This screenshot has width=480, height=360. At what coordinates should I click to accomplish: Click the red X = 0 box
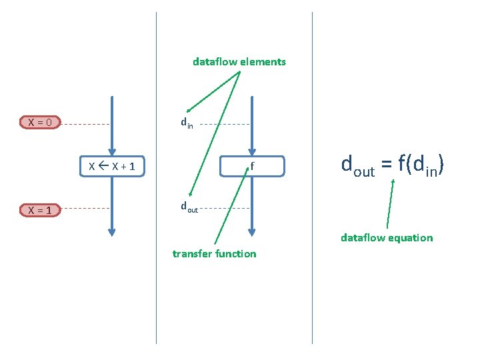click(x=41, y=122)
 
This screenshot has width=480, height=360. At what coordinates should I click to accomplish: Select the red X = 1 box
click(x=41, y=210)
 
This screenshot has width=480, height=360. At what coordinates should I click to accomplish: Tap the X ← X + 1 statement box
click(x=112, y=166)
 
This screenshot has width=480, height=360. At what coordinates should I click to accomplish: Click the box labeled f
click(x=252, y=166)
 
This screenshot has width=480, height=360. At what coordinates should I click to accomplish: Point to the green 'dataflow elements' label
click(x=239, y=62)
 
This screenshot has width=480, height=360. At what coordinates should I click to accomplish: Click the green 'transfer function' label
click(x=214, y=253)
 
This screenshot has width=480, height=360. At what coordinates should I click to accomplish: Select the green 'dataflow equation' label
click(x=387, y=237)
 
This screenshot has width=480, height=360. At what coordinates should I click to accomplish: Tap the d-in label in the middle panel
click(x=187, y=123)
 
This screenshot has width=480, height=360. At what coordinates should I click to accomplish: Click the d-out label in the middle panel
click(x=189, y=207)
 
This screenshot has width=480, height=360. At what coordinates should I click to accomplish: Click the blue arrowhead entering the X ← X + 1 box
click(x=112, y=151)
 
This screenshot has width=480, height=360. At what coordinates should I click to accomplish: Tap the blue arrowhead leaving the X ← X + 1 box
click(x=112, y=231)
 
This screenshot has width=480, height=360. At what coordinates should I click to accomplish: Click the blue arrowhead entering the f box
click(x=251, y=151)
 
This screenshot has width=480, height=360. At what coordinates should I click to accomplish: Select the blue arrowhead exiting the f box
click(x=251, y=231)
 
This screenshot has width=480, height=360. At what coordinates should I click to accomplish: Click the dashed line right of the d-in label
click(x=224, y=124)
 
